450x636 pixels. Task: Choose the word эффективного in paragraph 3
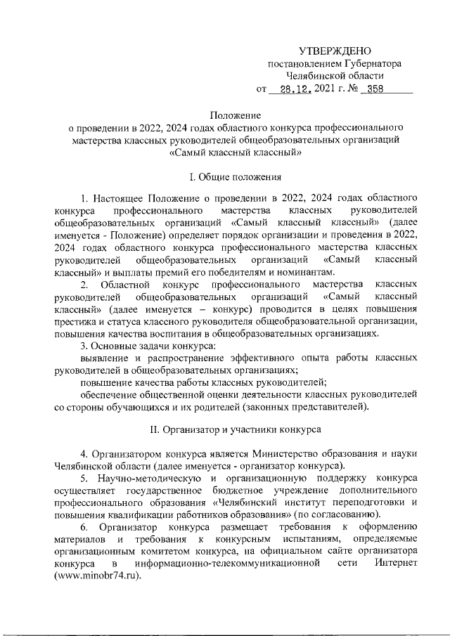pyautogui.click(x=252, y=358)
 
